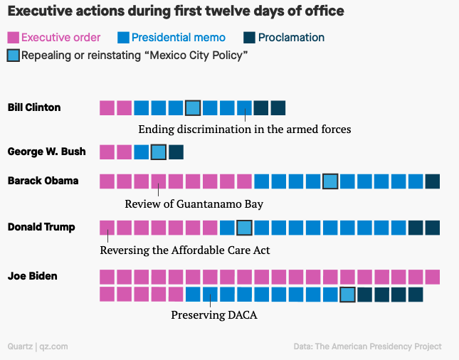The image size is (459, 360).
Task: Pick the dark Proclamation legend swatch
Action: click(x=249, y=38)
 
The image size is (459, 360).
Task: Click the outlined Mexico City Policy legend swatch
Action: click(x=13, y=55)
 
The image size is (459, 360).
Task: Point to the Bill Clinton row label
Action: click(x=33, y=107)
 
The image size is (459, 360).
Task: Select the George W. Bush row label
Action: click(x=46, y=152)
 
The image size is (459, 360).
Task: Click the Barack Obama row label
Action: click(x=43, y=181)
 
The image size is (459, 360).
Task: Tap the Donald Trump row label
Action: click(x=41, y=227)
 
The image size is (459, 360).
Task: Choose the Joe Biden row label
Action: click(x=32, y=275)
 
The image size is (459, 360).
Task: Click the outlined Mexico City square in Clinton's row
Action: click(x=192, y=108)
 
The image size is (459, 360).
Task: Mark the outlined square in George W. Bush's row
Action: click(x=159, y=152)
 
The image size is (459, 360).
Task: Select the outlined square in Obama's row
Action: click(x=329, y=181)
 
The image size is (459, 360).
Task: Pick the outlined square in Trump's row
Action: click(x=244, y=228)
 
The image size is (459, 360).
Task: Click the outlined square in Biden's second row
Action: click(x=347, y=295)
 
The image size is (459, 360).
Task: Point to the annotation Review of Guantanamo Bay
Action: click(x=194, y=204)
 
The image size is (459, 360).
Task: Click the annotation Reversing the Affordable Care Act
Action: click(x=185, y=250)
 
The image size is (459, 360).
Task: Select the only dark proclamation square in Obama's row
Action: click(x=432, y=181)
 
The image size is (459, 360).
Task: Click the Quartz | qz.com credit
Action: click(x=38, y=346)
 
